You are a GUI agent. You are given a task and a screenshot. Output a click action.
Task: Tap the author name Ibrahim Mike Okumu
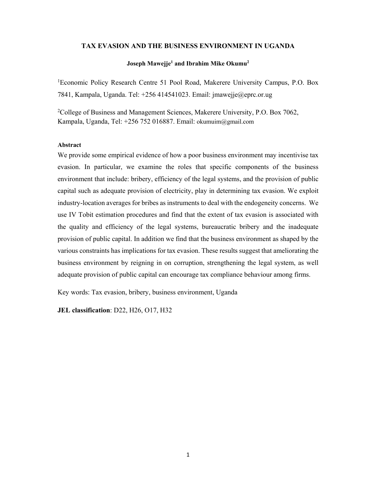(212, 64)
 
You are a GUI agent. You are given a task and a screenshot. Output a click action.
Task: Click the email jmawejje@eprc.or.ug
(242, 95)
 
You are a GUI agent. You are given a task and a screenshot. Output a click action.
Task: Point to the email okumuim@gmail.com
(225, 122)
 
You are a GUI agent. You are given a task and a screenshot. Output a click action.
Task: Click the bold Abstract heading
(69, 145)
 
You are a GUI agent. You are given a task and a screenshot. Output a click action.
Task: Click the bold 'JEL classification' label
(83, 310)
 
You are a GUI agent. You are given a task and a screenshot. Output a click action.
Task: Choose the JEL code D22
(119, 310)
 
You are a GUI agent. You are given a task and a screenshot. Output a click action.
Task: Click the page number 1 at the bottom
(188, 455)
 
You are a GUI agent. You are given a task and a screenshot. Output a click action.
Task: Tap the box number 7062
(290, 112)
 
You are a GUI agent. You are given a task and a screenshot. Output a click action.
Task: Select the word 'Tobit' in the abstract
(86, 215)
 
